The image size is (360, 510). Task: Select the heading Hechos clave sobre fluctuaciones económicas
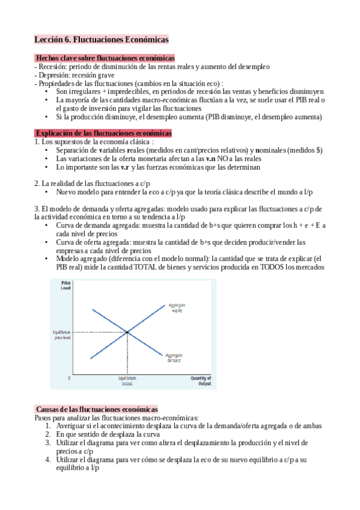coord(105,58)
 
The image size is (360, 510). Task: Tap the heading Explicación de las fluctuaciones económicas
coord(103,133)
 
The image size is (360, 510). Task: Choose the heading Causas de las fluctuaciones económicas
coord(96,408)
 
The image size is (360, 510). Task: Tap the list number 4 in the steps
coord(48,459)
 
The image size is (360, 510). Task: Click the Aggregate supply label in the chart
coord(176,308)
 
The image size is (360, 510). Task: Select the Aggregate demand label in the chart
coord(174,357)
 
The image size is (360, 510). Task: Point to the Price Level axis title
coord(66,286)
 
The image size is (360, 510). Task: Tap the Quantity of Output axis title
coord(201,380)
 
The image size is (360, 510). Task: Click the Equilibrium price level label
coord(63,335)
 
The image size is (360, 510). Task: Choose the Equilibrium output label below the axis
coord(127,380)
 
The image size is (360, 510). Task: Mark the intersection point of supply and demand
coord(127,332)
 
